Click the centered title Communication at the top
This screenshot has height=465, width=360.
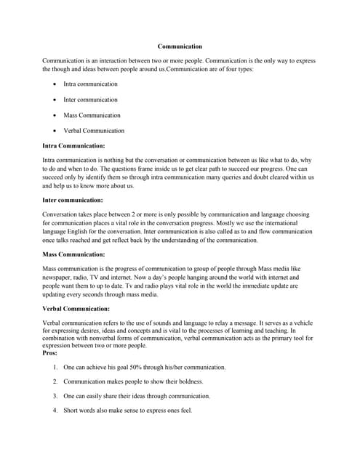(180, 46)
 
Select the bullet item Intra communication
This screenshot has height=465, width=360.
(90, 84)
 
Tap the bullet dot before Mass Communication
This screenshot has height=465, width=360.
(55, 116)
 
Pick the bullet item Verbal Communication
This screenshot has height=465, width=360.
(94, 131)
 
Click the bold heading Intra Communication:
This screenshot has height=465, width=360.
(74, 146)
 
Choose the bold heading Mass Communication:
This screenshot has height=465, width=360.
(73, 254)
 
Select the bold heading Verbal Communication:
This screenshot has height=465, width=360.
(76, 309)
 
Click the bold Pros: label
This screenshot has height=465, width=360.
(51, 353)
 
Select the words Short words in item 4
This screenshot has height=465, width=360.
(81, 411)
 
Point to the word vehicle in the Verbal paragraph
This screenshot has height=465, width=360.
(304, 322)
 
